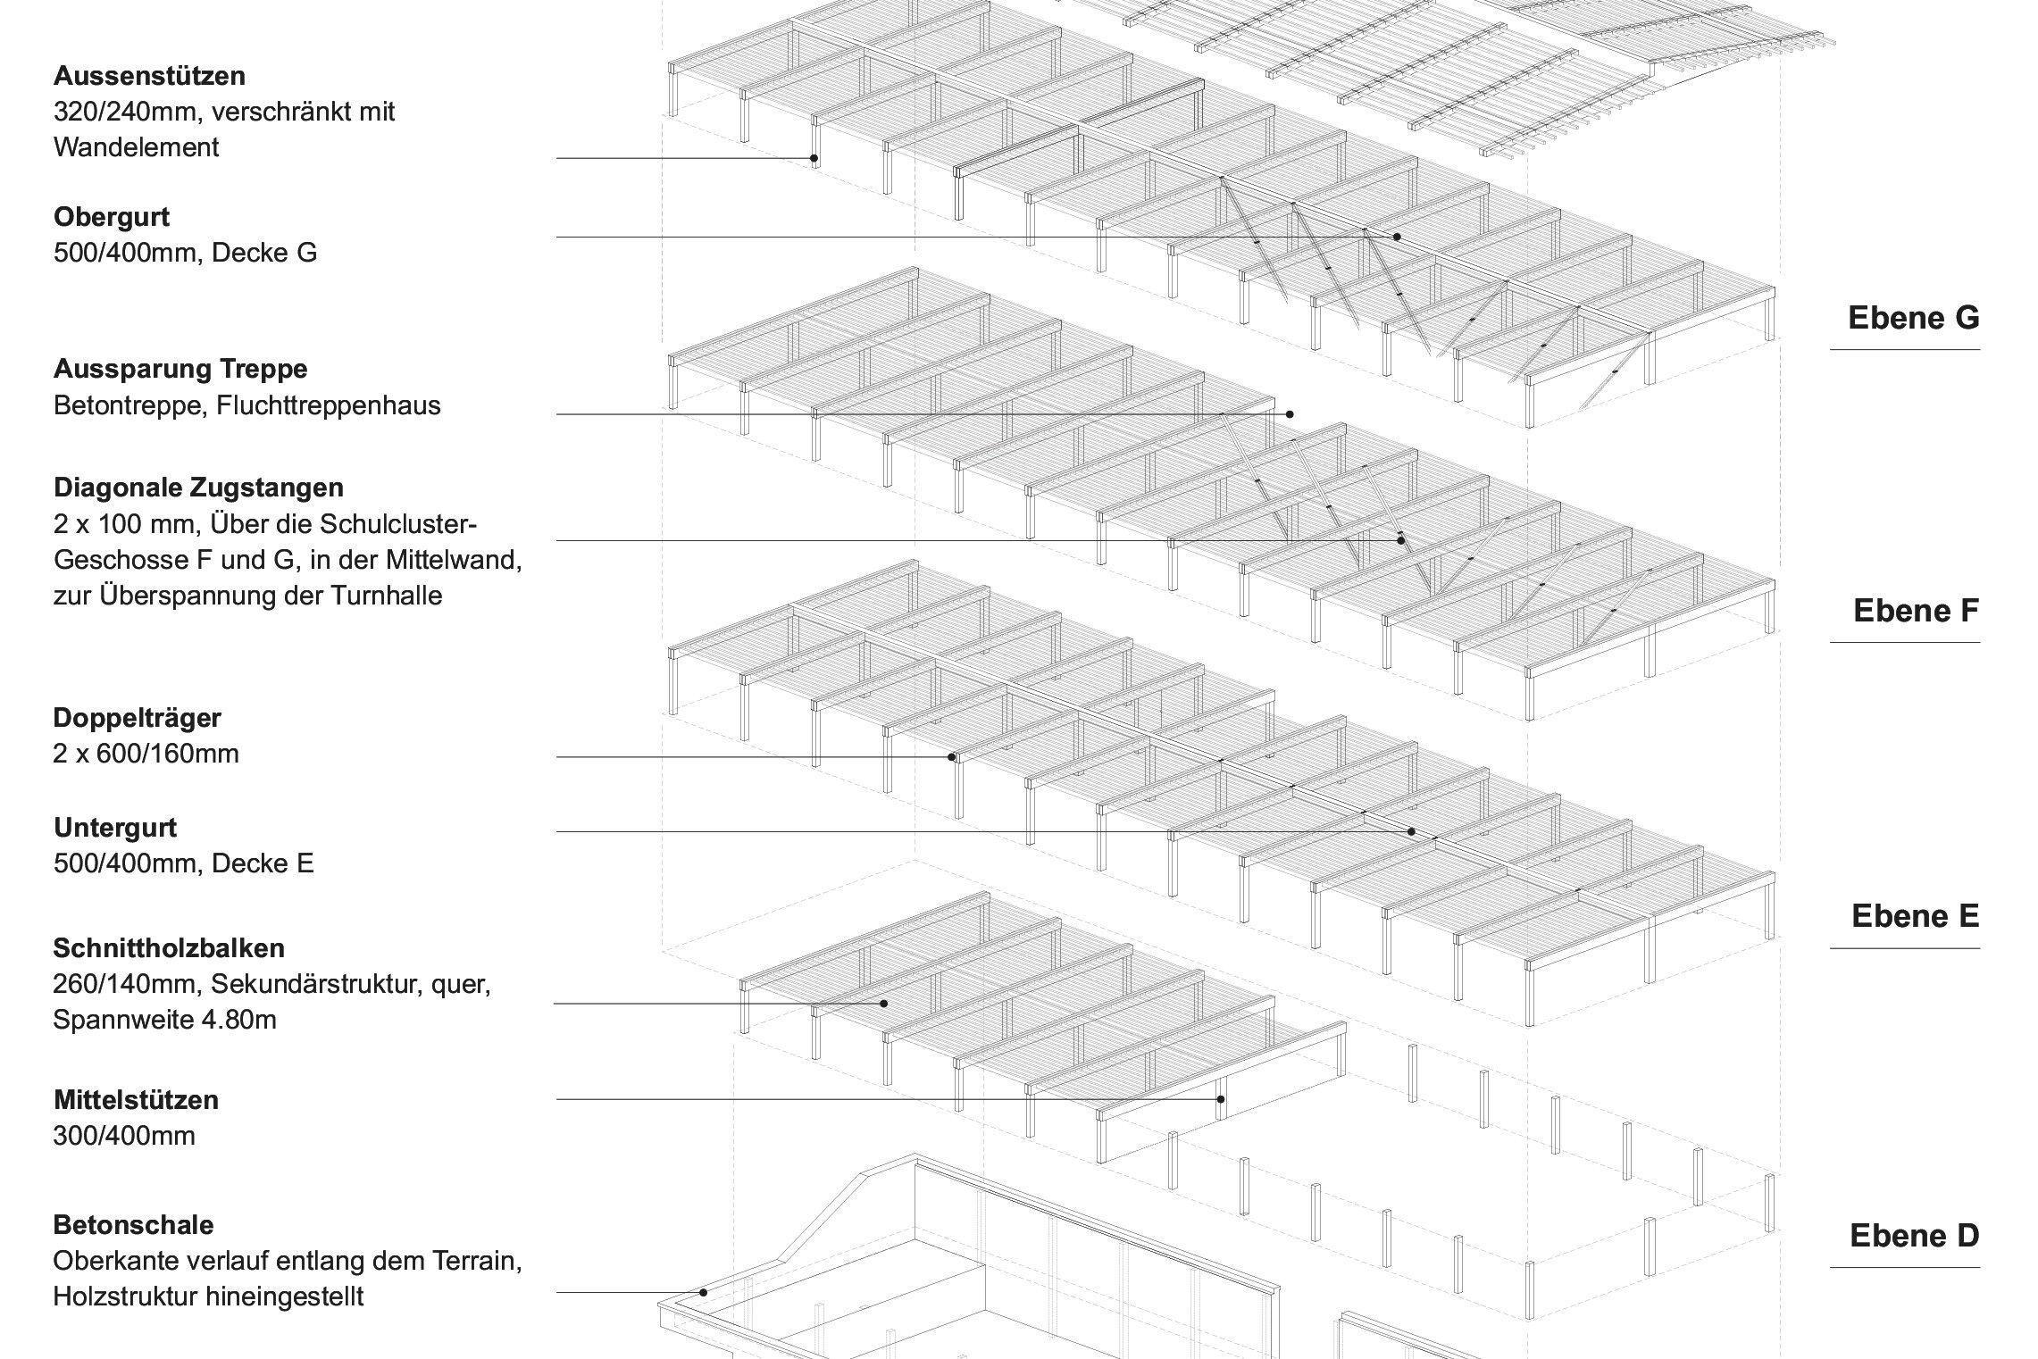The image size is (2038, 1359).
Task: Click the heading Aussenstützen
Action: coord(149,76)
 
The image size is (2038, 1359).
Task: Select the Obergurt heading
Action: coord(112,217)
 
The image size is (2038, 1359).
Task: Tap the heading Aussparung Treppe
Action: coord(180,369)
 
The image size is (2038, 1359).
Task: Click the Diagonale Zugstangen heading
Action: coord(198,488)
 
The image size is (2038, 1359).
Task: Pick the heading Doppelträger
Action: coord(138,718)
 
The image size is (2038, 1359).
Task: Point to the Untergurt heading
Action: coord(115,828)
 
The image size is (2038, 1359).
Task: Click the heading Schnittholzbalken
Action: coord(169,947)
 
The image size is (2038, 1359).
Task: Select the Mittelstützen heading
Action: coord(136,1099)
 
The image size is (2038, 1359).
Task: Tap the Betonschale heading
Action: coord(134,1224)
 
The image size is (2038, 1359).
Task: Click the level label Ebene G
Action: coord(1913,318)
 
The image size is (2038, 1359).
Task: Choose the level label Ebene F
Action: coord(1916,611)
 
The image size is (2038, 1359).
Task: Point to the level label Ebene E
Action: coord(1915,916)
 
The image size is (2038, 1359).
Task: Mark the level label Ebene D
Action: coord(1914,1236)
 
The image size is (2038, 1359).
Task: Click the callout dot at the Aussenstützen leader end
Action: coord(814,159)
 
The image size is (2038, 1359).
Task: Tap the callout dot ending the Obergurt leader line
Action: coord(1397,237)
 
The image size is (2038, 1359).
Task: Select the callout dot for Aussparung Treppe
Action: coord(1290,414)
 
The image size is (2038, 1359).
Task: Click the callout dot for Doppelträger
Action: coord(952,757)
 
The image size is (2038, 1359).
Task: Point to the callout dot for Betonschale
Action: coord(704,1292)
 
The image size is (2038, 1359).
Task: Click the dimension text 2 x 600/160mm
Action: coord(146,754)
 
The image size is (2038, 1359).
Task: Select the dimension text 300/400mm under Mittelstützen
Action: coord(124,1136)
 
